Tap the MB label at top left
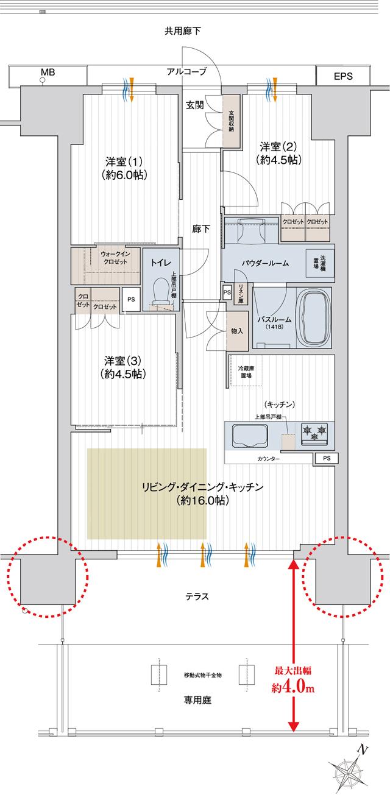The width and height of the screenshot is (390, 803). coord(48,73)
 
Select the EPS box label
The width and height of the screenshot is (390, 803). coord(343,76)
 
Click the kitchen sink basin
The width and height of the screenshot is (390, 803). coord(250,436)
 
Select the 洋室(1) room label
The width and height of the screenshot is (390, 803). coord(124,168)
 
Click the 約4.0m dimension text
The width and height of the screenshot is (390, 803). coord(293,689)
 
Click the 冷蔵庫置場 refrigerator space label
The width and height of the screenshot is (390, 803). coord(246,372)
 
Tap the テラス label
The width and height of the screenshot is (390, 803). coord(197,596)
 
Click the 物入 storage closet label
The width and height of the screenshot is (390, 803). coord(237,331)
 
